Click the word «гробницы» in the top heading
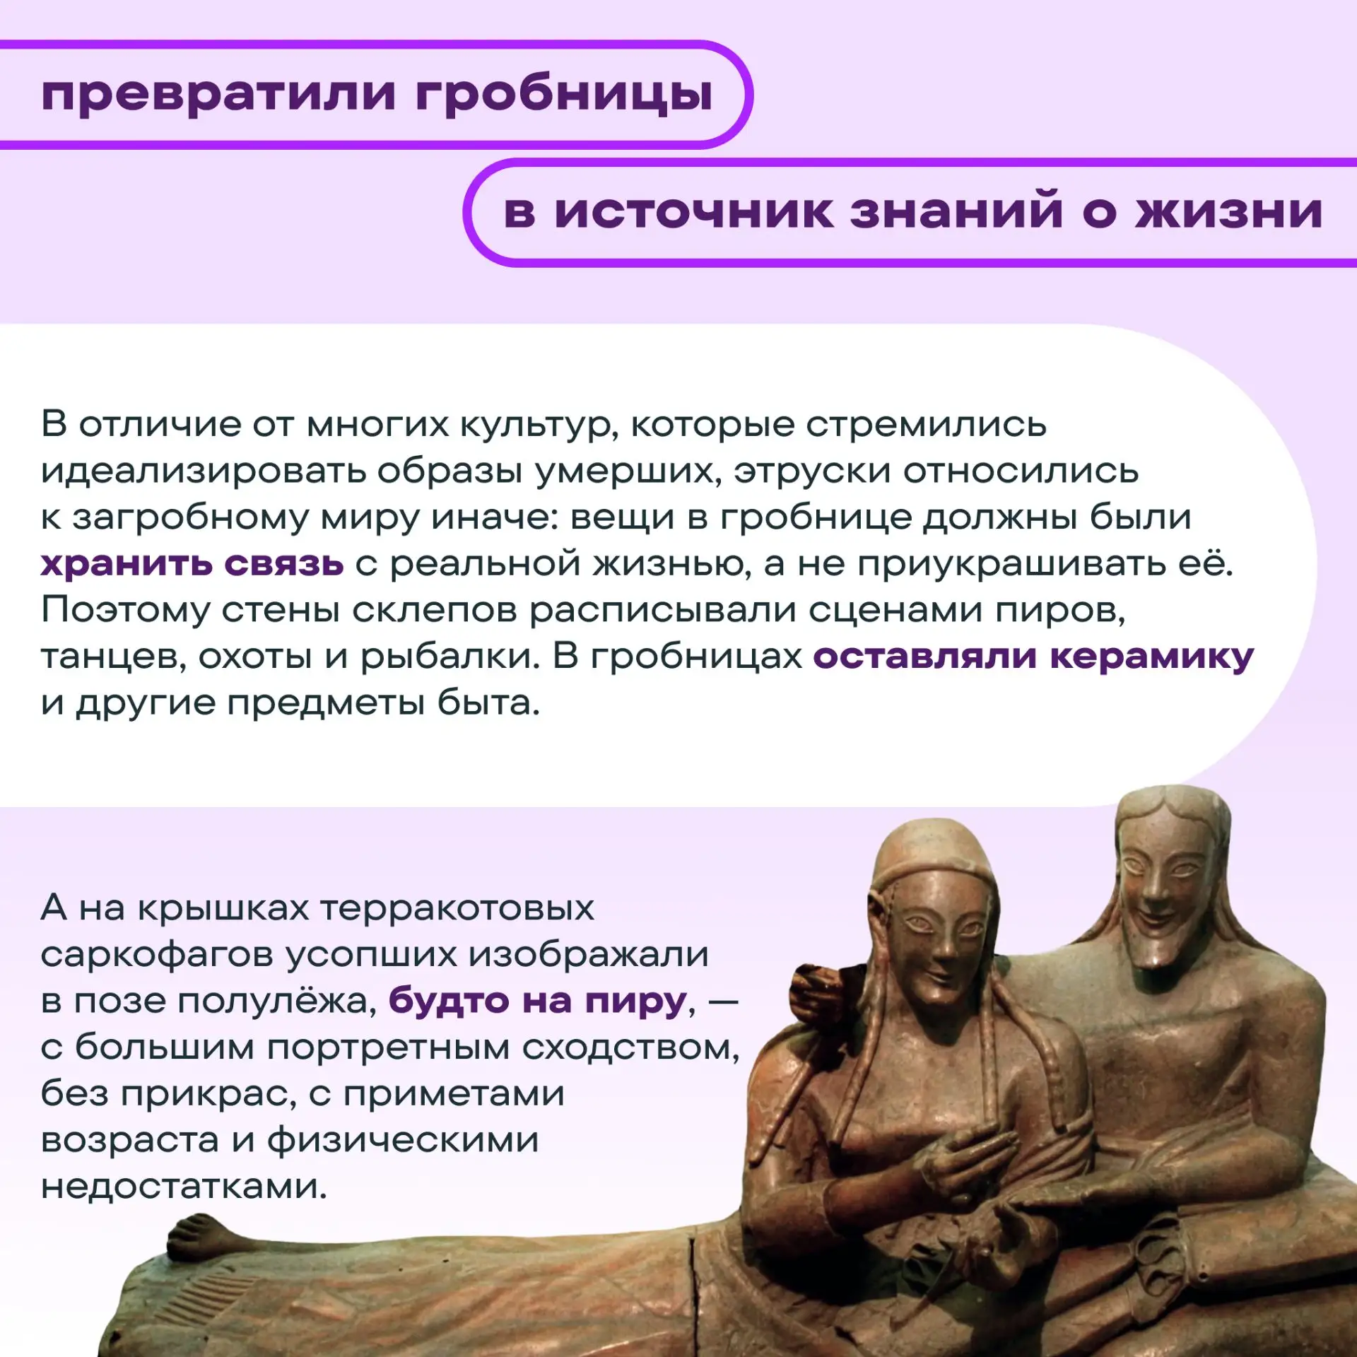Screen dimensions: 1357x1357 (x=564, y=95)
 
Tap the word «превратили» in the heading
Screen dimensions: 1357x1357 (x=218, y=95)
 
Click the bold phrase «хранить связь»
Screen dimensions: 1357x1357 (x=192, y=563)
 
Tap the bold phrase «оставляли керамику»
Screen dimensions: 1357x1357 (x=1033, y=657)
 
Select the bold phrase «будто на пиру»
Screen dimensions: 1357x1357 (x=538, y=1001)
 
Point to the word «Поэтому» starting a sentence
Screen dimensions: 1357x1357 (x=125, y=610)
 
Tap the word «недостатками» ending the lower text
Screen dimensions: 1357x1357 (x=184, y=1187)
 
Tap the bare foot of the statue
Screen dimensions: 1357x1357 (x=205, y=1238)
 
